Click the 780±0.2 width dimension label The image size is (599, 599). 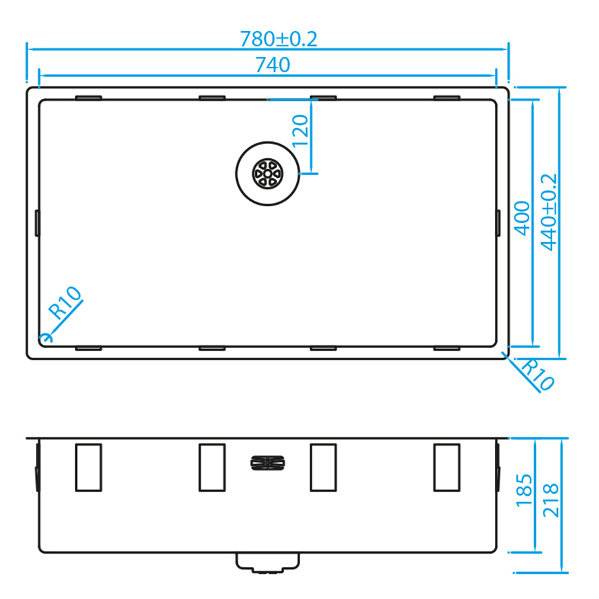pos(279,39)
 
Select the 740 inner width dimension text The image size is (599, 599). pos(272,64)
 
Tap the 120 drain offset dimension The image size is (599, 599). pos(300,131)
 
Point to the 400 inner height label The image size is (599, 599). pos(522,218)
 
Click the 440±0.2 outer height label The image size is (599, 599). pos(549,212)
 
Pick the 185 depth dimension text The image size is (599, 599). pos(524,491)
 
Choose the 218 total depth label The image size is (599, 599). pos(551,500)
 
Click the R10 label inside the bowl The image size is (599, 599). pos(65,303)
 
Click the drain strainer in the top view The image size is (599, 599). pos(268,174)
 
